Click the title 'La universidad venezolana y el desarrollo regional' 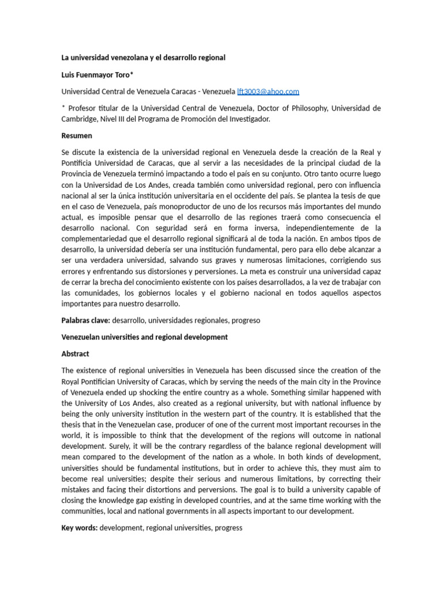point(143,58)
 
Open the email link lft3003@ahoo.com point(268,92)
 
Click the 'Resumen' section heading point(77,136)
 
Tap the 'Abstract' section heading point(75,354)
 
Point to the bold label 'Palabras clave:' point(85,320)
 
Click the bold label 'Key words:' point(80,527)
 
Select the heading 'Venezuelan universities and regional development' point(145,337)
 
